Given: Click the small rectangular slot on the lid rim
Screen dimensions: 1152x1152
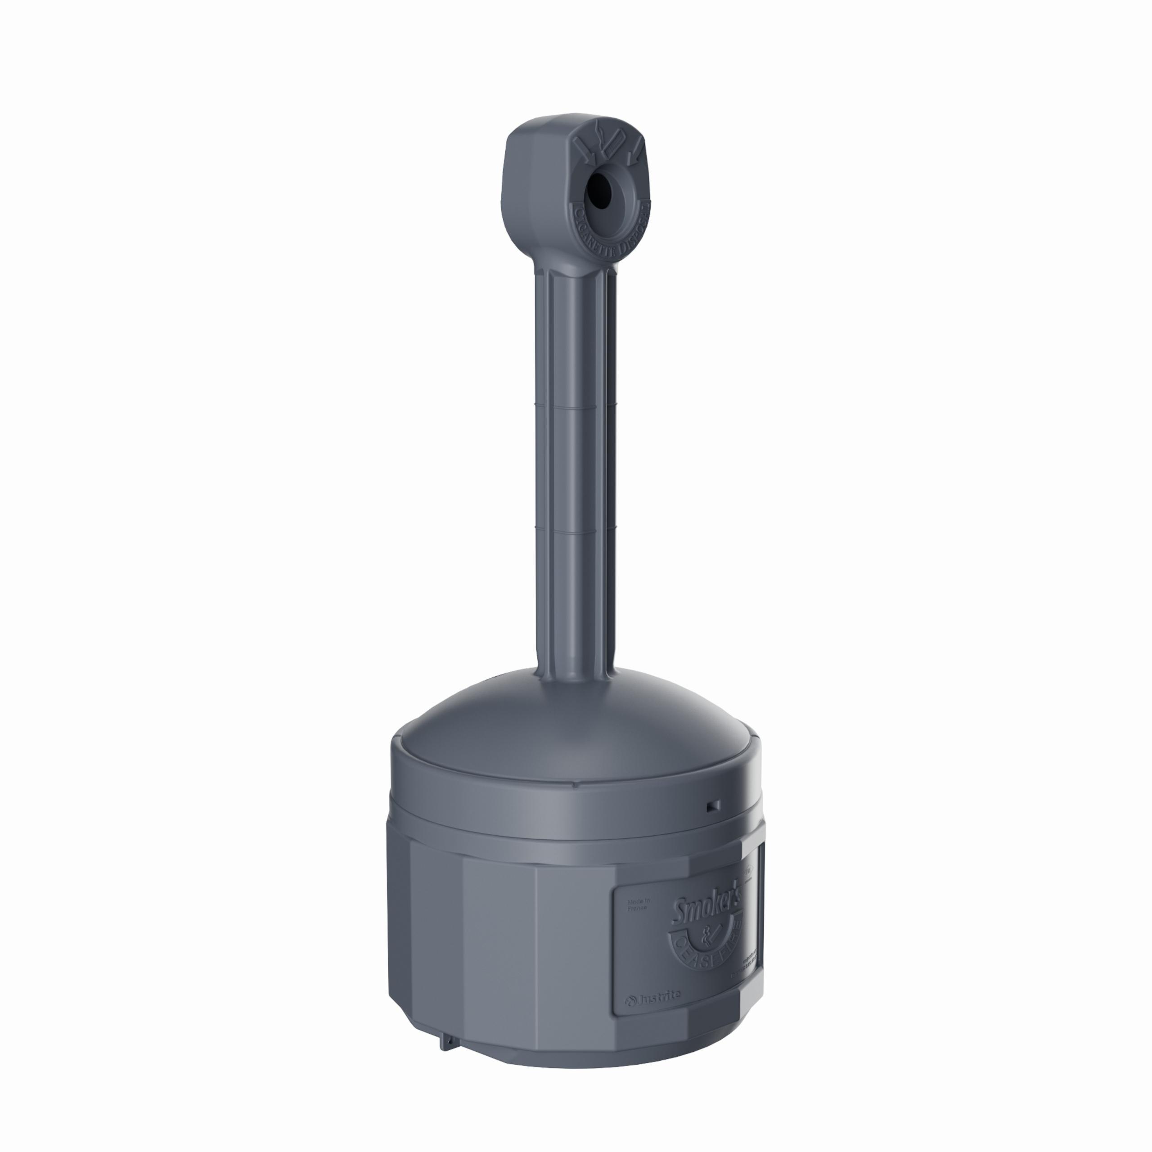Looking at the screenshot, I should [713, 805].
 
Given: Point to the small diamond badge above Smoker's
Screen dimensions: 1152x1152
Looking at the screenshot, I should [749, 872].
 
